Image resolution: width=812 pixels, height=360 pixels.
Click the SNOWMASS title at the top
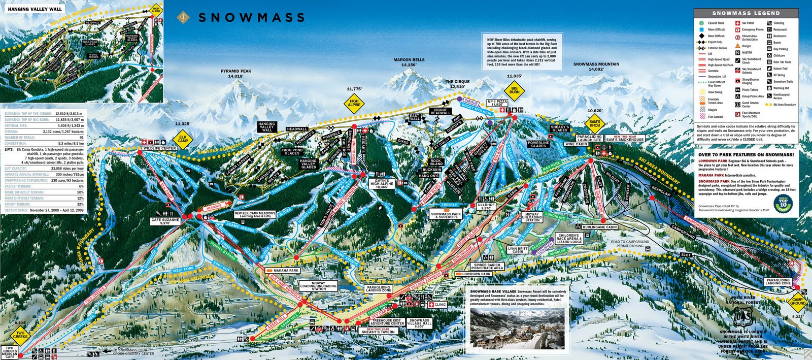pyautogui.click(x=251, y=18)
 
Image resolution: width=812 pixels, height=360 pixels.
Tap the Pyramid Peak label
pyautogui.click(x=236, y=74)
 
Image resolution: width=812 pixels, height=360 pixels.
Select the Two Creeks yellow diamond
pyautogui.click(x=20, y=335)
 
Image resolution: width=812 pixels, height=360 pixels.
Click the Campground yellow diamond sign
pyautogui.click(x=798, y=301)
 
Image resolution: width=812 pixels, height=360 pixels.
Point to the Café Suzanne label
pyautogui.click(x=165, y=221)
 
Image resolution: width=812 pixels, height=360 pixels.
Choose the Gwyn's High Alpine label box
pyautogui.click(x=382, y=184)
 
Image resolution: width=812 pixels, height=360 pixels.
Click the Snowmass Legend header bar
pyautogui.click(x=746, y=13)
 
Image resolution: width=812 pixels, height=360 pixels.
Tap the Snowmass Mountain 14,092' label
pyautogui.click(x=596, y=67)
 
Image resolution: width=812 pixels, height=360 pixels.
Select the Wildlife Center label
pyautogui.click(x=159, y=148)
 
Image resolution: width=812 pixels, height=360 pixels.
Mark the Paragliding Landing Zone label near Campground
pyautogui.click(x=778, y=282)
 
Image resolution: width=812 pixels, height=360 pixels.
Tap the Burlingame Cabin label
pyautogui.click(x=600, y=227)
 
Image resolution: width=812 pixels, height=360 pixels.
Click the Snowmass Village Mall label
pyautogui.click(x=419, y=323)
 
